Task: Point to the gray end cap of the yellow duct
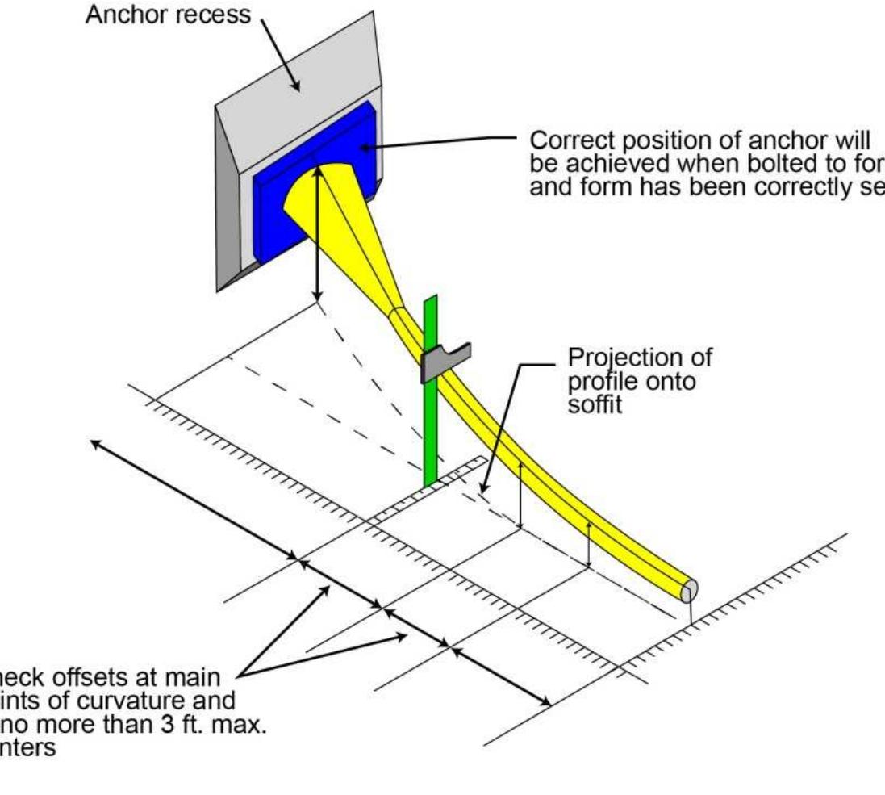point(687,591)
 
